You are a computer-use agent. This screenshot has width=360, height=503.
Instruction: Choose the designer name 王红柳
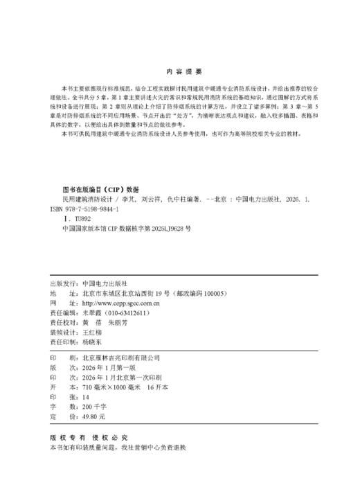pos(94,333)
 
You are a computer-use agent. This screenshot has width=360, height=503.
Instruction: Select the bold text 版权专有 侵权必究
pos(89,439)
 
